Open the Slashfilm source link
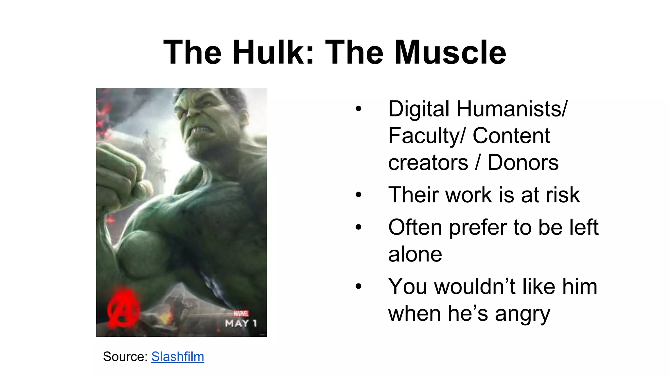pyautogui.click(x=178, y=356)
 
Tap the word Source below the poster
pyautogui.click(x=125, y=356)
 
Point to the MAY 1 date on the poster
pyautogui.click(x=241, y=324)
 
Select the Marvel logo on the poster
pyautogui.click(x=241, y=314)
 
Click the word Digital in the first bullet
pyautogui.click(x=419, y=109)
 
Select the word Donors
pyautogui.click(x=523, y=162)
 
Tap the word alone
pyautogui.click(x=415, y=254)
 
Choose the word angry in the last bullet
pyautogui.click(x=522, y=314)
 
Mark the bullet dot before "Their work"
pyautogui.click(x=359, y=195)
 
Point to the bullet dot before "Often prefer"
pyautogui.click(x=359, y=227)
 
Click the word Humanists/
pyautogui.click(x=512, y=109)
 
